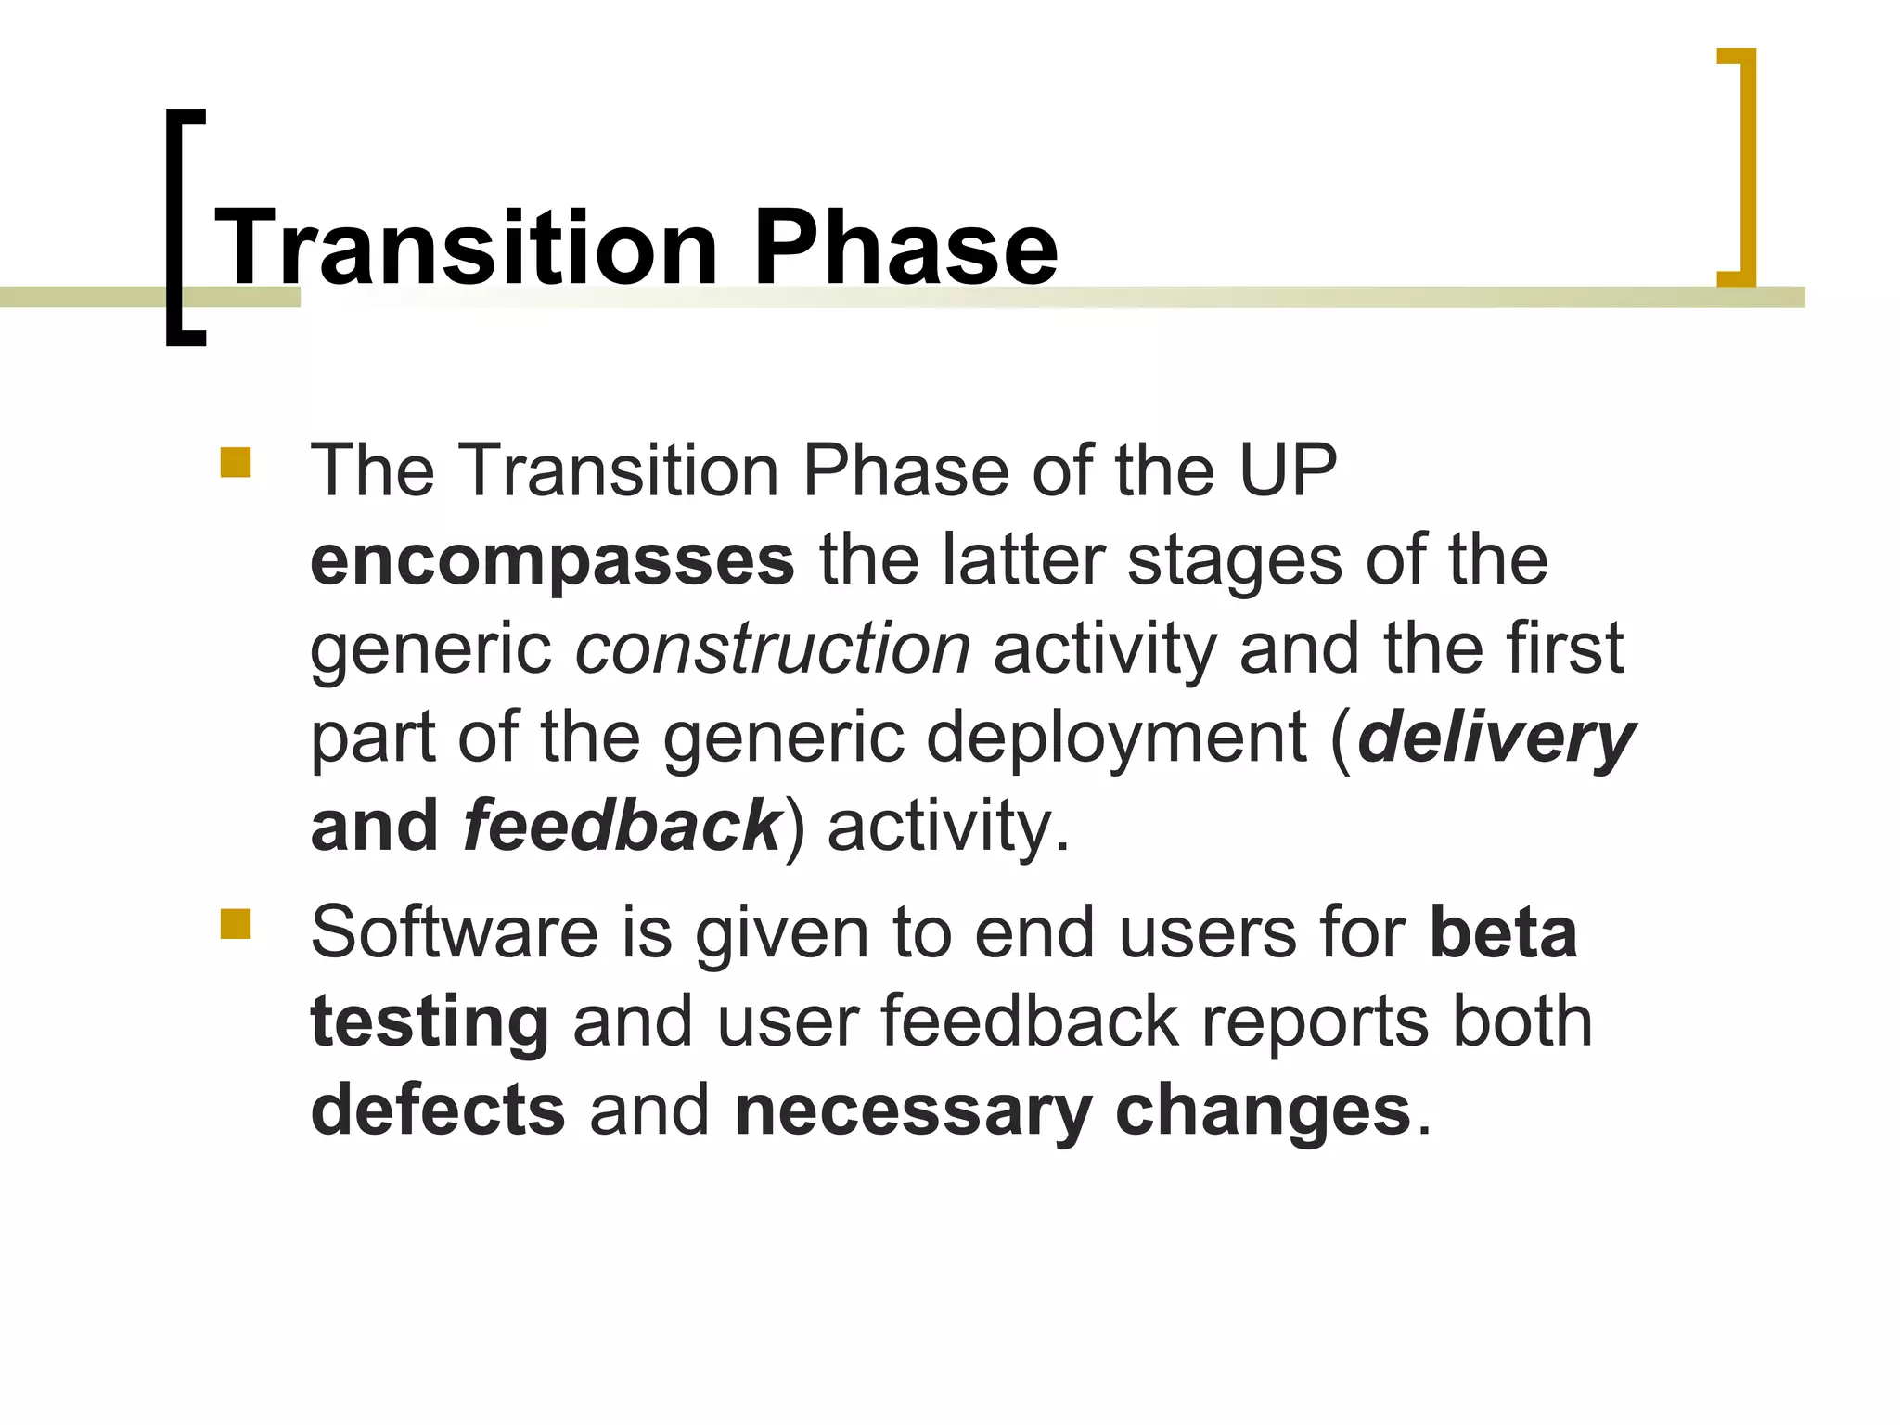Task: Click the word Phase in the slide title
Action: [905, 248]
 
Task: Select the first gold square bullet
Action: [236, 462]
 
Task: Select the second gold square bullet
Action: [236, 924]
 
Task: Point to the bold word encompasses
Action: [552, 561]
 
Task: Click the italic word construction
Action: [772, 648]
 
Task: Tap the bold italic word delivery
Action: [1496, 738]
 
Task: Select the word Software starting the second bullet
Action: [454, 932]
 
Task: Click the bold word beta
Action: [1503, 932]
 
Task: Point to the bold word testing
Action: [430, 1021]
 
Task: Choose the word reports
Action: [1315, 1021]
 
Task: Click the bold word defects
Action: [438, 1110]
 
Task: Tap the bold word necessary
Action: [913, 1110]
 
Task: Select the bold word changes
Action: [1263, 1110]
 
